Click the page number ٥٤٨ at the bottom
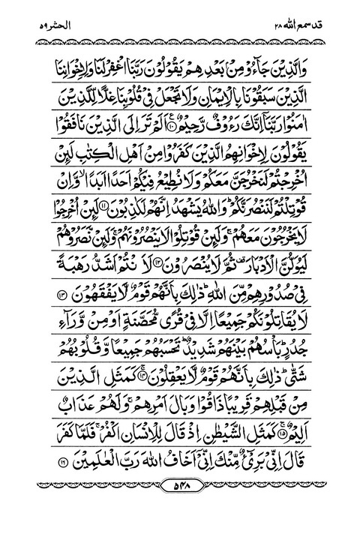coord(180,499)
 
